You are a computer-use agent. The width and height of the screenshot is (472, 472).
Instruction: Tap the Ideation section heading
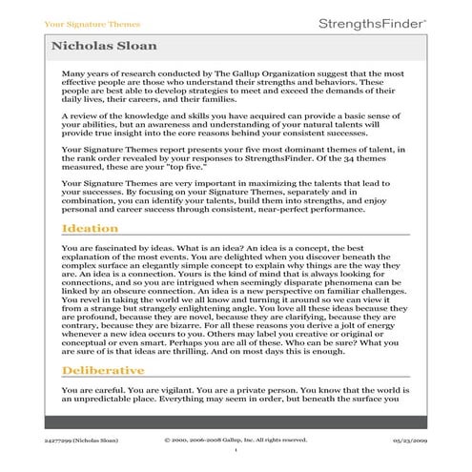click(x=90, y=229)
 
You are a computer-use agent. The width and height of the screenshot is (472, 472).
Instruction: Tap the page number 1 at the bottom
click(x=236, y=451)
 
